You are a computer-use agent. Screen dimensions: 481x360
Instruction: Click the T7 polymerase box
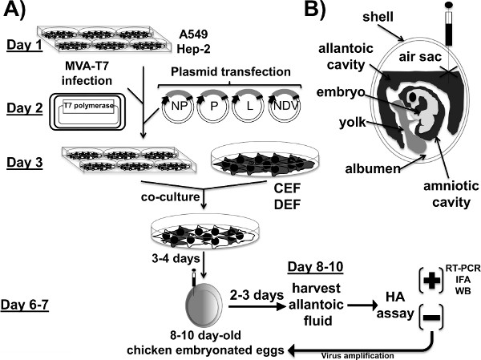point(89,106)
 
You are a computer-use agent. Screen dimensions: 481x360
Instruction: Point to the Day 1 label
point(25,46)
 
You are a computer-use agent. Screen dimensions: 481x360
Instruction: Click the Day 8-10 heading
point(315,267)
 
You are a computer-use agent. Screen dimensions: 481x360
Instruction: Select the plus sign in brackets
point(431,281)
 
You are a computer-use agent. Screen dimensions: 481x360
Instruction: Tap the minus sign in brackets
point(431,317)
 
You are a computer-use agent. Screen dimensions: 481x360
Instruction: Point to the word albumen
point(373,168)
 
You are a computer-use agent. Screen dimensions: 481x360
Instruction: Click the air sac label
point(420,57)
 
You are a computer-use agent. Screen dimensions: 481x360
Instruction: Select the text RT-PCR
point(463,268)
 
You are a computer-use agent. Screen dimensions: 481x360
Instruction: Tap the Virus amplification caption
point(358,356)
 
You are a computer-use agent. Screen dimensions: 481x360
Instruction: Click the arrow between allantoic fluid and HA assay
point(362,305)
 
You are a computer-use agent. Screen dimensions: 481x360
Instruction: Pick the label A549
point(193,34)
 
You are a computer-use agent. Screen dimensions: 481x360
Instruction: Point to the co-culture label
point(170,196)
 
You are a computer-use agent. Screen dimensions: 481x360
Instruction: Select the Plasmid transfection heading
point(231,72)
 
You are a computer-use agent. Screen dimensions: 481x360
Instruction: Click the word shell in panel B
point(378,17)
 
